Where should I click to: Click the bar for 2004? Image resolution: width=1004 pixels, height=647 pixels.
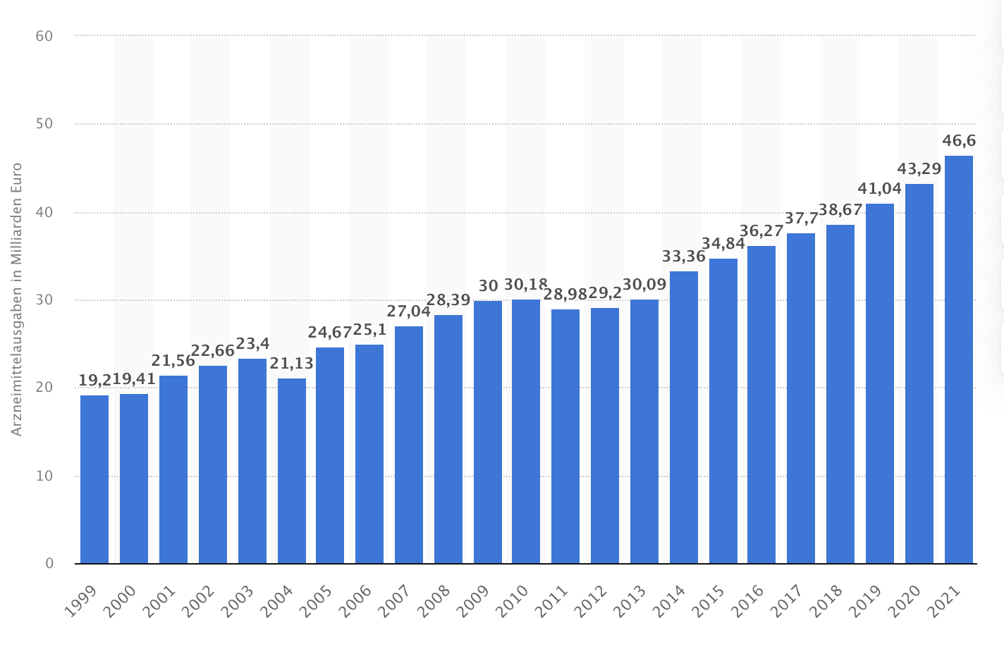click(292, 471)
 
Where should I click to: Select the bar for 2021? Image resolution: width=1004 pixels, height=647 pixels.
click(959, 359)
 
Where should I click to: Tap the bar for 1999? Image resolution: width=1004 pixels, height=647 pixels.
click(94, 479)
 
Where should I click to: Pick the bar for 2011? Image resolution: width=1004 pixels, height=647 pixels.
click(565, 436)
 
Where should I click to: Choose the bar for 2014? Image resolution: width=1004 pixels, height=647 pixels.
click(684, 417)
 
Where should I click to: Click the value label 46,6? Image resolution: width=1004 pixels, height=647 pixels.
click(959, 142)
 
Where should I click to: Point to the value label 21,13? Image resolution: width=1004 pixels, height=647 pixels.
click(292, 364)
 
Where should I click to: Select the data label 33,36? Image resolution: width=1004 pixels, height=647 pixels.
click(684, 257)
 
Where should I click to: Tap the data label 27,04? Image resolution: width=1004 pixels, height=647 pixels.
click(409, 312)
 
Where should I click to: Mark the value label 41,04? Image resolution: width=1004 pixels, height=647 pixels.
click(880, 189)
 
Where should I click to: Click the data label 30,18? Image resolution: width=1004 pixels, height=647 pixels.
click(526, 285)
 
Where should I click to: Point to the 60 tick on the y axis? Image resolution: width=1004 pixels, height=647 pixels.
click(44, 35)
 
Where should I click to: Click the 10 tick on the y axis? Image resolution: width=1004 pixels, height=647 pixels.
click(44, 476)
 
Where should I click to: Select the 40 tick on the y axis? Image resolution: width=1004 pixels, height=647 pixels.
click(44, 212)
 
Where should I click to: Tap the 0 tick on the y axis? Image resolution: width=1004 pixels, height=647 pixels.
click(49, 563)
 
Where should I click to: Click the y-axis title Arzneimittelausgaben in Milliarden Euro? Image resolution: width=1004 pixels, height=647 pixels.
click(18, 300)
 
